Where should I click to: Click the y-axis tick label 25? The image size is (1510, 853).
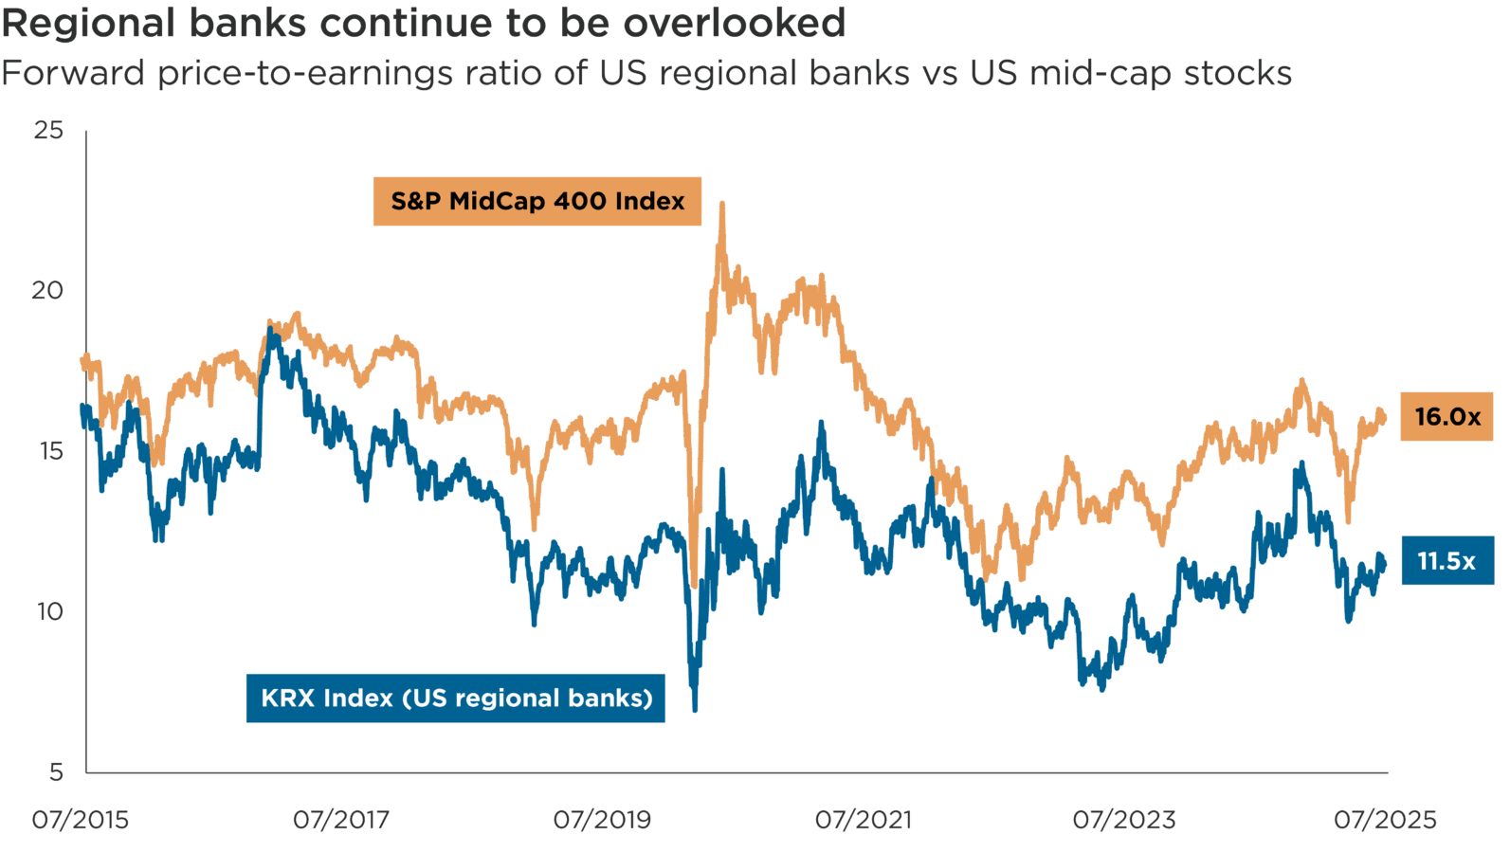click(x=48, y=130)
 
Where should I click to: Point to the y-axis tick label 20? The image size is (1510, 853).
click(x=47, y=290)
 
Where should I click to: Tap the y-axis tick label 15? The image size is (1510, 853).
click(x=48, y=450)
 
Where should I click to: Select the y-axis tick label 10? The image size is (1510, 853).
click(x=48, y=611)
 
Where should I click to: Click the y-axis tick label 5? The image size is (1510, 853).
click(x=56, y=771)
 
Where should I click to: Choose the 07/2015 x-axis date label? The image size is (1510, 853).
click(x=81, y=820)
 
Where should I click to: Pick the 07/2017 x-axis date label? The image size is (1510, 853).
click(x=341, y=820)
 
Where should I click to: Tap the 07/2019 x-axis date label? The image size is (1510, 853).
click(x=602, y=820)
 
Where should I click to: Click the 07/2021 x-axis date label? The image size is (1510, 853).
click(x=864, y=820)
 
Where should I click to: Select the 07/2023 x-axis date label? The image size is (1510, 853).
click(x=1124, y=820)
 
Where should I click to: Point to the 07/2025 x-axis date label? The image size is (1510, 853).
click(x=1385, y=820)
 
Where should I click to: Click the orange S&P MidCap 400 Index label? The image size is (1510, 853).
click(x=537, y=201)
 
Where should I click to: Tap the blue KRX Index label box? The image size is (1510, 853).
click(x=456, y=699)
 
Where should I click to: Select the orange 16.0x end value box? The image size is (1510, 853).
click(x=1446, y=417)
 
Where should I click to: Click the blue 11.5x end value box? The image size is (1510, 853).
click(x=1446, y=561)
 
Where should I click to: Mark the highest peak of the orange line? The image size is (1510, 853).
click(x=722, y=203)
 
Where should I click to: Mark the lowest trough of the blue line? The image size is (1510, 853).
click(x=695, y=709)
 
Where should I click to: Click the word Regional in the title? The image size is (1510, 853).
click(x=88, y=23)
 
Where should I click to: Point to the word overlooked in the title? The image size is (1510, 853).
click(x=734, y=23)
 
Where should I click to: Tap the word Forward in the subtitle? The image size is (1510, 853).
click(x=73, y=73)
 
